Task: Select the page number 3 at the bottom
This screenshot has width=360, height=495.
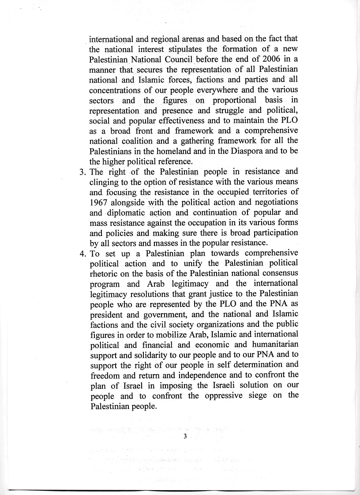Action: (x=185, y=436)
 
